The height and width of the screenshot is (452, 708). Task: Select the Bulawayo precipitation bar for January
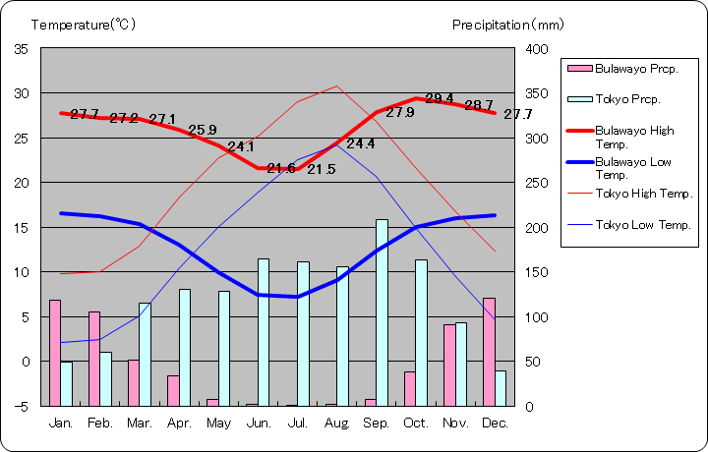[55, 352]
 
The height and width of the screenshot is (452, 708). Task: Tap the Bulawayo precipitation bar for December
[489, 351]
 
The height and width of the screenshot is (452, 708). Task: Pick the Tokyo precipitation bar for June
[264, 332]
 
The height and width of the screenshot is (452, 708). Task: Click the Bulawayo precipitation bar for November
[449, 365]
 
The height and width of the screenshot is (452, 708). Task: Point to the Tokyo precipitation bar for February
[106, 378]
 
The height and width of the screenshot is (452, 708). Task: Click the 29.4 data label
[440, 98]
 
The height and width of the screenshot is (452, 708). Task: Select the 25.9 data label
[203, 130]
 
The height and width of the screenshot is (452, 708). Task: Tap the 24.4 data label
[360, 143]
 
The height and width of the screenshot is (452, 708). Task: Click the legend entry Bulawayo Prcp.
[629, 69]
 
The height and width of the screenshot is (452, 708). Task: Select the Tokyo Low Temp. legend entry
[629, 225]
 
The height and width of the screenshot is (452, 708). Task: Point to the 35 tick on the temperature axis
[22, 48]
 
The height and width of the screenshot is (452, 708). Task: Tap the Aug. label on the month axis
[337, 423]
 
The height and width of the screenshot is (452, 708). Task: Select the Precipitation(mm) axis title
[508, 25]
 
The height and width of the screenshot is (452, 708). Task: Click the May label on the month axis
[218, 423]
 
